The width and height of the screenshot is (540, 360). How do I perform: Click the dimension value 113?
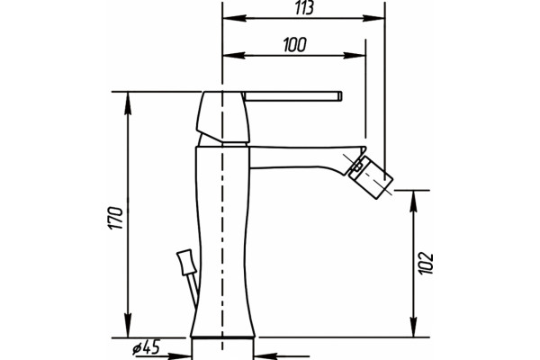pyautogui.click(x=304, y=8)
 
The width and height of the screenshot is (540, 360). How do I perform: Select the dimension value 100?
pyautogui.click(x=295, y=45)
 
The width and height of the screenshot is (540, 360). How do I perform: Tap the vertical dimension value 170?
pyautogui.click(x=115, y=218)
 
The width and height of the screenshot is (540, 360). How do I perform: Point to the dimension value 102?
pyautogui.click(x=426, y=264)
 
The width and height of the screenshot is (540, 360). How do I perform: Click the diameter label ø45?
pyautogui.click(x=147, y=347)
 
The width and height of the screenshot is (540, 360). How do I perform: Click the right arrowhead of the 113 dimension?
pyautogui.click(x=373, y=18)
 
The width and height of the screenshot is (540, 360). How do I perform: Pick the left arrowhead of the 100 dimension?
pyautogui.click(x=234, y=55)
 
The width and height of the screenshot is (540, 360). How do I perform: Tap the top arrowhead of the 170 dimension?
pyautogui.click(x=128, y=103)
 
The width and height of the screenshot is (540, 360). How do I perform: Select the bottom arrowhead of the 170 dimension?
pyautogui.click(x=128, y=326)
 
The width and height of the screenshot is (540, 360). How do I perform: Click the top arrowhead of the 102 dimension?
pyautogui.click(x=414, y=202)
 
